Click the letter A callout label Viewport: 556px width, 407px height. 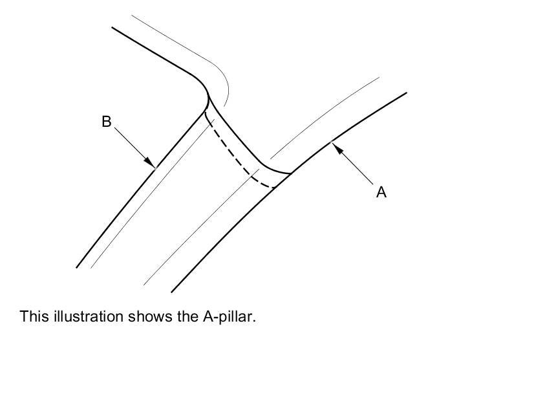[381, 192]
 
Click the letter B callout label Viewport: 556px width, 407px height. [107, 121]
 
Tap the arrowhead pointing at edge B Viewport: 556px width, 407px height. [149, 162]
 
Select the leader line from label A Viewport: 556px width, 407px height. [356, 167]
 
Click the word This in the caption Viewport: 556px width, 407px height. [33, 316]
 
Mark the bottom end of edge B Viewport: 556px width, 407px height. [77, 267]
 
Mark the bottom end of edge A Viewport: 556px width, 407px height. [172, 292]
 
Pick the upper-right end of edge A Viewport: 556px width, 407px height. [405, 93]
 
